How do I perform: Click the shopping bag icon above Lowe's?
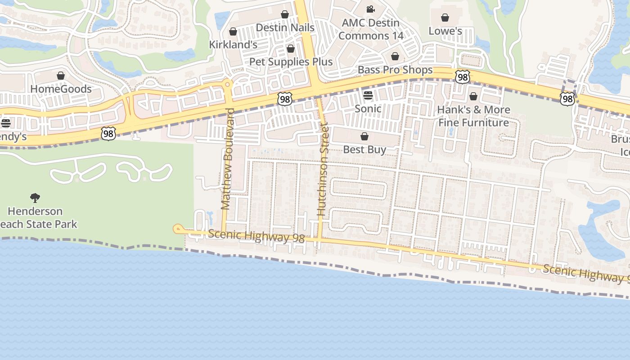pyautogui.click(x=445, y=18)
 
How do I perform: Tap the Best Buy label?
pyautogui.click(x=364, y=149)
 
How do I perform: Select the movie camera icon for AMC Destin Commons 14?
pyautogui.click(x=370, y=9)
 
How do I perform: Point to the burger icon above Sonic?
pyautogui.click(x=368, y=95)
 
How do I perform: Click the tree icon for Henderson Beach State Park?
pyautogui.click(x=35, y=198)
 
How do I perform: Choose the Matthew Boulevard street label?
pyautogui.click(x=227, y=159)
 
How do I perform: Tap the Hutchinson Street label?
pyautogui.click(x=322, y=171)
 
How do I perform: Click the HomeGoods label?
pyautogui.click(x=61, y=89)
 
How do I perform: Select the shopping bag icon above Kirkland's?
pyautogui.click(x=233, y=31)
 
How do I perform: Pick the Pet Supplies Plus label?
pyautogui.click(x=291, y=62)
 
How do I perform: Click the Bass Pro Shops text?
pyautogui.click(x=395, y=70)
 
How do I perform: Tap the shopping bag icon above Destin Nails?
pyautogui.click(x=285, y=14)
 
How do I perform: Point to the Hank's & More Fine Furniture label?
pyautogui.click(x=473, y=116)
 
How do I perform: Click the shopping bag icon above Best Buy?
pyautogui.click(x=364, y=136)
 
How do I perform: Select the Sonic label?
pyautogui.click(x=368, y=108)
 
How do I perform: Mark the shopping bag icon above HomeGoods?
pyautogui.click(x=61, y=76)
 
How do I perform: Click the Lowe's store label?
pyautogui.click(x=445, y=31)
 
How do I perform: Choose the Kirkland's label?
pyautogui.click(x=233, y=45)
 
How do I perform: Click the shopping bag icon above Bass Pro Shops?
pyautogui.click(x=395, y=56)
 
